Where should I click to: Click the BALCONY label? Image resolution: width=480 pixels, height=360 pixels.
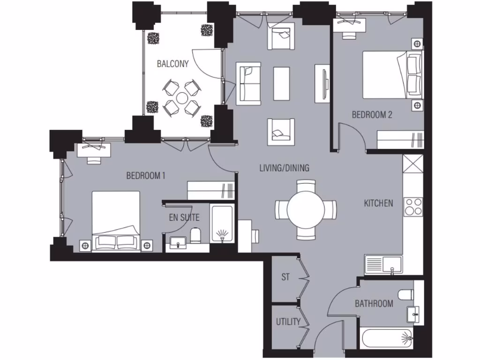tap(172, 64)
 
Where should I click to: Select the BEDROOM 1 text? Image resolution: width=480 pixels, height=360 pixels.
tap(146, 176)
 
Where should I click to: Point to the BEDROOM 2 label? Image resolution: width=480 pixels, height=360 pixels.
tap(372, 114)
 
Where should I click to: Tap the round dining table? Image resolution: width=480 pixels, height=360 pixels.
tap(306, 210)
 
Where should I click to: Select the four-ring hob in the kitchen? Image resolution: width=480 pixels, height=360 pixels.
tap(413, 207)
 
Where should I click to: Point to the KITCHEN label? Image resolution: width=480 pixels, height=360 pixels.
tap(378, 203)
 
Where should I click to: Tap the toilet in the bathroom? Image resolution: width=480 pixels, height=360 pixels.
tap(405, 294)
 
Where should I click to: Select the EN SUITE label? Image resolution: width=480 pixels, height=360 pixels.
tap(184, 217)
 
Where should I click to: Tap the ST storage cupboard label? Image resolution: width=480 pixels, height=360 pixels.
tap(285, 277)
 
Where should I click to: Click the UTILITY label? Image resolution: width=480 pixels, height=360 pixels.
tap(287, 322)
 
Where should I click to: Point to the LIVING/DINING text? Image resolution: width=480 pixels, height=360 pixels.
tap(284, 168)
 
